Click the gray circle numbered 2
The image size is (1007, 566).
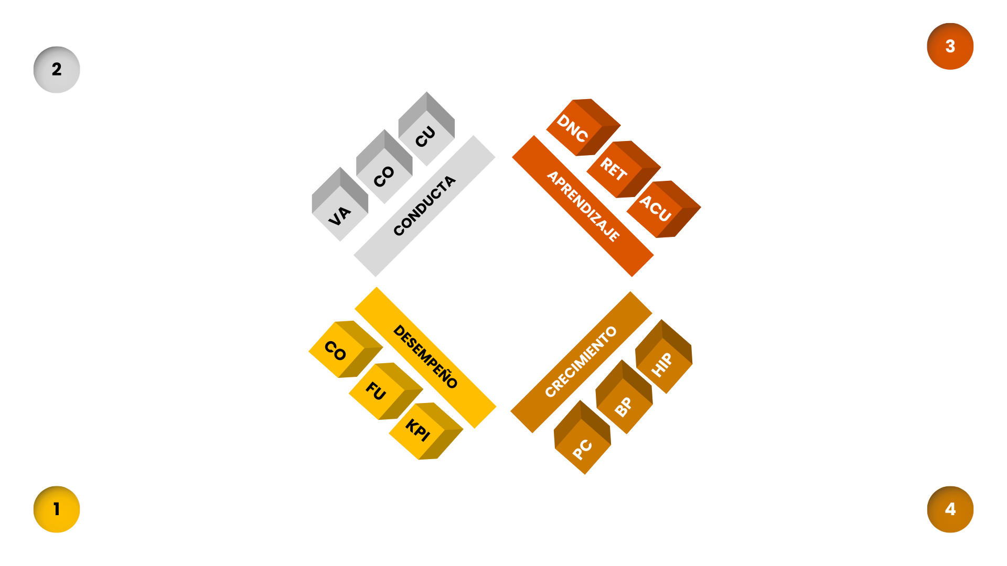[57, 70]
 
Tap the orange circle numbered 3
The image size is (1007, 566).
[950, 46]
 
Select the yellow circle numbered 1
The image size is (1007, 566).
[57, 509]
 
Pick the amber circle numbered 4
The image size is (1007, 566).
[950, 509]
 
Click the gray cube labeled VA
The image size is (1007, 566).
[340, 210]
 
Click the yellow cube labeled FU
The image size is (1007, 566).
[380, 391]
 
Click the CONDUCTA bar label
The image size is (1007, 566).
[424, 205]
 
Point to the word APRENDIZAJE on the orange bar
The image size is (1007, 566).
[583, 206]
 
